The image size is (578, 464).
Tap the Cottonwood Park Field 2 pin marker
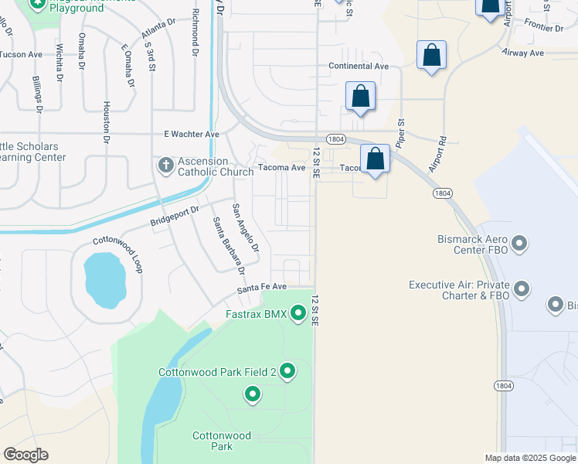(287, 372)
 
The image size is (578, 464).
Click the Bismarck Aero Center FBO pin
(519, 244)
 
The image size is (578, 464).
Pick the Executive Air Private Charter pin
(522, 290)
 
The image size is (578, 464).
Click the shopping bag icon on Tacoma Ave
(375, 159)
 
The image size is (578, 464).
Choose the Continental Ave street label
(359, 67)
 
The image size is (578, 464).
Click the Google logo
(26, 455)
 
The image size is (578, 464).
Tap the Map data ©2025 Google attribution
(529, 458)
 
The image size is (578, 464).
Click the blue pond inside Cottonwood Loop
(104, 278)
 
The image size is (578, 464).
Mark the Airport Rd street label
(438, 155)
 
